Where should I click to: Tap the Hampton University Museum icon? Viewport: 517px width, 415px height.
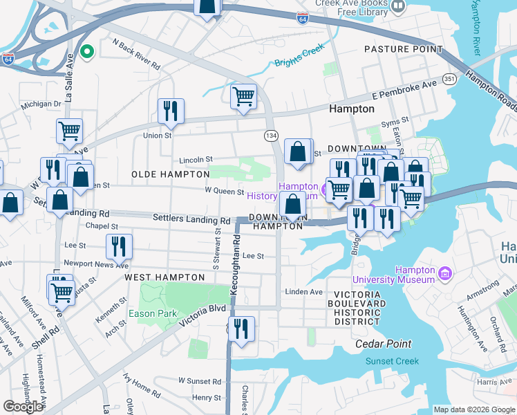pos(444,275)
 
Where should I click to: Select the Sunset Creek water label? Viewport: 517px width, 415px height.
pos(392,361)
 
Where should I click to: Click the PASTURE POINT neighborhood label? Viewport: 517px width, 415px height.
pos(403,50)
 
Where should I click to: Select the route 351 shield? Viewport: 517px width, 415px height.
pos(449,80)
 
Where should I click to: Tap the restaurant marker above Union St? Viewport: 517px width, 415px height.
pos(170,111)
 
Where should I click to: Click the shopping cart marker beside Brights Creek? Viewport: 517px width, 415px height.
pos(243,97)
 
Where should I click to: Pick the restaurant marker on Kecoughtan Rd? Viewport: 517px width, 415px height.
pos(241,329)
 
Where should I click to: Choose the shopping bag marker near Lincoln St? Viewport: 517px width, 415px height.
pos(297,151)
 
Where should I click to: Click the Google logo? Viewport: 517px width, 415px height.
pos(23,407)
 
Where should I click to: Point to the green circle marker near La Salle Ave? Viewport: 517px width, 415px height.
pos(87,51)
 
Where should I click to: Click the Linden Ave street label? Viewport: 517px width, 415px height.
pos(304,293)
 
